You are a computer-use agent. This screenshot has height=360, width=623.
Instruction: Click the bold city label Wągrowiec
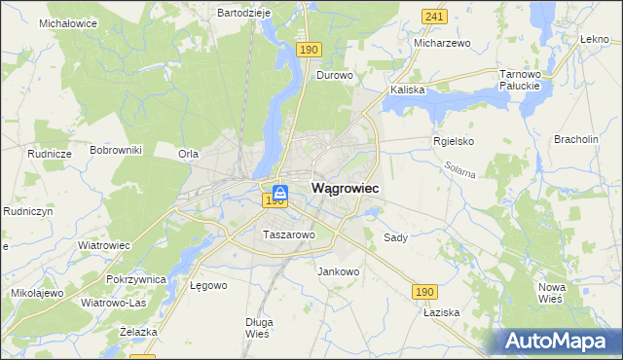pyautogui.click(x=345, y=187)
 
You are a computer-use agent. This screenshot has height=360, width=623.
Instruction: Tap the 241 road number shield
pyautogui.click(x=435, y=17)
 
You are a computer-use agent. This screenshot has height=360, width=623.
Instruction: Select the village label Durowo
pyautogui.click(x=334, y=74)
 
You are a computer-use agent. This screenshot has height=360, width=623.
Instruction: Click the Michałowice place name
pyautogui.click(x=68, y=21)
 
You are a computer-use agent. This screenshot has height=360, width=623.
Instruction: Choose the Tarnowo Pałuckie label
pyautogui.click(x=519, y=80)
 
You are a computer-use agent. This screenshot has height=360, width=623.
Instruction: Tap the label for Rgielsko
pyautogui.click(x=453, y=141)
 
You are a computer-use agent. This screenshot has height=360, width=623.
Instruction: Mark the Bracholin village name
pyautogui.click(x=575, y=139)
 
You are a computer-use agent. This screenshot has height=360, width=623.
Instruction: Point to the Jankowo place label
pyautogui.click(x=339, y=271)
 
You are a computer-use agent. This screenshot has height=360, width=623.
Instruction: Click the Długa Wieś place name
pyautogui.click(x=258, y=327)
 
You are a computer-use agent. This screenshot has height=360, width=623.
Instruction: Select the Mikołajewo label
pyautogui.click(x=37, y=292)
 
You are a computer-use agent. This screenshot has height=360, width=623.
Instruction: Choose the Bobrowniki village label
pyautogui.click(x=116, y=150)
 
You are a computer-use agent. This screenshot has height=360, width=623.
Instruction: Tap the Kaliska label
pyautogui.click(x=408, y=90)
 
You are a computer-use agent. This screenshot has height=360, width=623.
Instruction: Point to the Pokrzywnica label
pyautogui.click(x=137, y=279)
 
